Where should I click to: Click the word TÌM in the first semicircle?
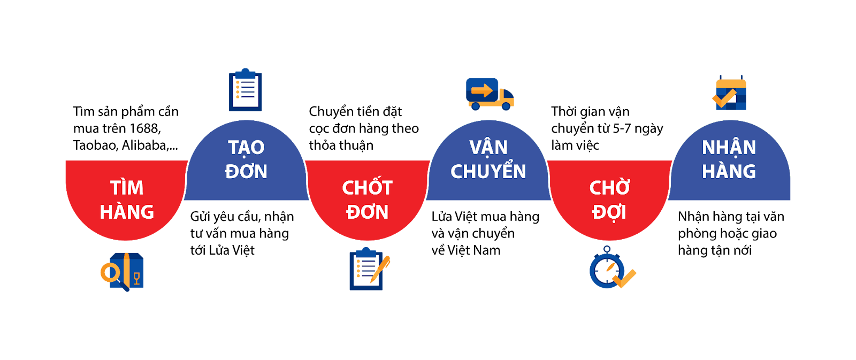(127, 188)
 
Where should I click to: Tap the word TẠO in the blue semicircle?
(246, 148)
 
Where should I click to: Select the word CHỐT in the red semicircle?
(367, 188)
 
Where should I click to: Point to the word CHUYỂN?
(488, 172)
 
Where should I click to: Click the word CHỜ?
(609, 188)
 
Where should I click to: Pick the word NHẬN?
(729, 148)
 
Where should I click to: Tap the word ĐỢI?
(609, 212)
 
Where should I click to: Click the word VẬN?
(488, 148)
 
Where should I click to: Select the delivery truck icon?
(490, 95)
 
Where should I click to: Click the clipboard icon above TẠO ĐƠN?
(246, 90)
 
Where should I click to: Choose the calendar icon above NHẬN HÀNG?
(730, 94)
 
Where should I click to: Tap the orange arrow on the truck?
(481, 90)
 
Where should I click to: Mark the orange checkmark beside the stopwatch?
(625, 278)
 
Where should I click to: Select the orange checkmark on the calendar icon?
(724, 99)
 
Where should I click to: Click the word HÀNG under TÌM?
(127, 212)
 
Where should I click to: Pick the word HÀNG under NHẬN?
(729, 172)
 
